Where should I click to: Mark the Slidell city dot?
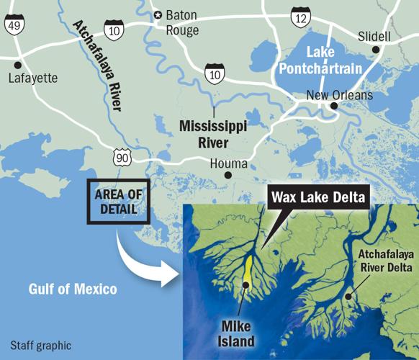click(x=375, y=49)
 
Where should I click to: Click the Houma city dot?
click(x=227, y=174)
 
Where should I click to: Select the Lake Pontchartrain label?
click(x=339, y=60)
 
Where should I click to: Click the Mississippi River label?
click(x=213, y=133)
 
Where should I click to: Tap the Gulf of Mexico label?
click(x=73, y=289)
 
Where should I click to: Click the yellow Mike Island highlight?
click(x=249, y=274)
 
